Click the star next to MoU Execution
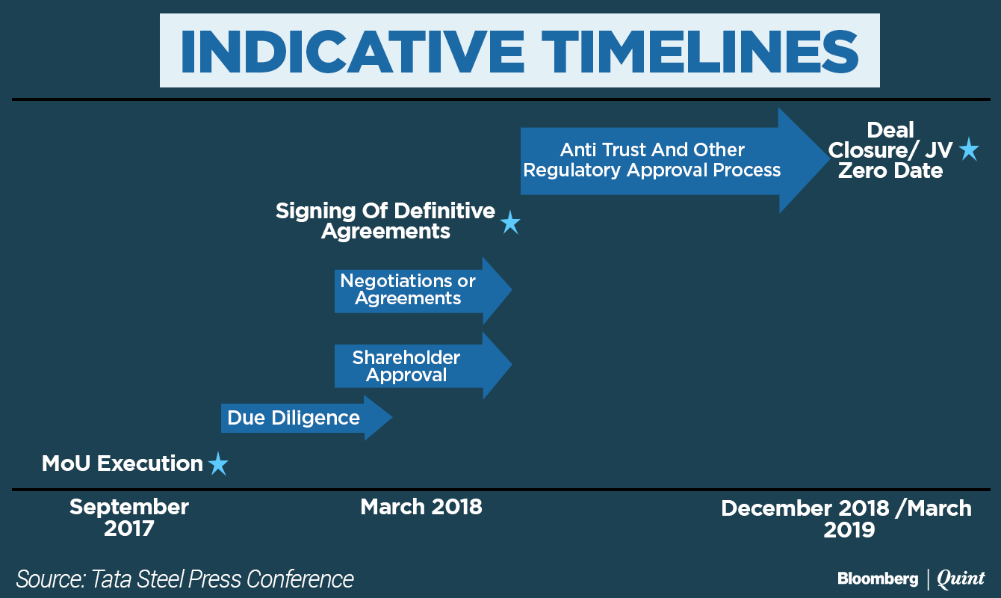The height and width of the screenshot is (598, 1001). coord(219,463)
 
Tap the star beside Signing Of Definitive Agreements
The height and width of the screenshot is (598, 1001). coord(510,222)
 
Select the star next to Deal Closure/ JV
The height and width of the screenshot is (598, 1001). coord(969,149)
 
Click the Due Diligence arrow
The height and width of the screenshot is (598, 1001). coord(306,418)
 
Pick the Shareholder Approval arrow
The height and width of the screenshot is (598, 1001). coord(424,366)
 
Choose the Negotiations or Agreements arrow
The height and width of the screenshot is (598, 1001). coord(424,290)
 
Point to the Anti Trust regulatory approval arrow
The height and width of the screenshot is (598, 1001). coord(675,161)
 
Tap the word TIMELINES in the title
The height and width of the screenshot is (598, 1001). coord(700,51)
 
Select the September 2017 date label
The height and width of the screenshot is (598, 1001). coord(129,517)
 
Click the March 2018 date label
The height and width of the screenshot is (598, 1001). coord(421,507)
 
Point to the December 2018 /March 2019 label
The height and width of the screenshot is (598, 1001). coord(846,519)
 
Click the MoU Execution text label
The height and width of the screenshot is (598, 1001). coord(123,463)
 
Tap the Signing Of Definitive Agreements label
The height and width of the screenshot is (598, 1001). coord(385,221)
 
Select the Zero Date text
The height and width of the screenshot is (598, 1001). coord(890,170)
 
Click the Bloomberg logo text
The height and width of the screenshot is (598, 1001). coord(878,579)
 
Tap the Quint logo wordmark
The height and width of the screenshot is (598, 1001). coord(961,579)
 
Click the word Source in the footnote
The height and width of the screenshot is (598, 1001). coord(51,579)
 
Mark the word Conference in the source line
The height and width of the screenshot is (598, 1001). coord(300,579)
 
